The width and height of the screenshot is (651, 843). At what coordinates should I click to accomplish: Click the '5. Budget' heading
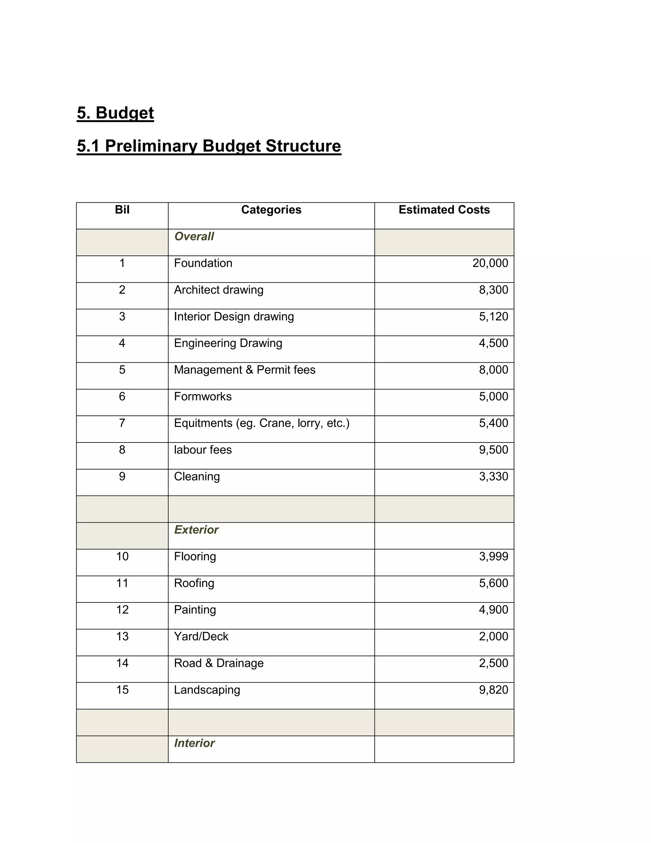coord(115,113)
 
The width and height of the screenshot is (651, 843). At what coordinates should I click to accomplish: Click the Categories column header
coord(271,210)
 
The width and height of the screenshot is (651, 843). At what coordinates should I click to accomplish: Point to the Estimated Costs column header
coord(444,210)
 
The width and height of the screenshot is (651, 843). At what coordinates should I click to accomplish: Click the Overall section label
coord(194,236)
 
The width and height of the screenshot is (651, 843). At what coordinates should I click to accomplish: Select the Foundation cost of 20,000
coord(490,263)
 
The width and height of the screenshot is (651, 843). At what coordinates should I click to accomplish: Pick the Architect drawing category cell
coord(218,290)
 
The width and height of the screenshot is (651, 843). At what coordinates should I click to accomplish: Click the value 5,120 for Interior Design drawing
coord(493,317)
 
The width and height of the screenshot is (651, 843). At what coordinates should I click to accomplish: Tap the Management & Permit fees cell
coord(244,370)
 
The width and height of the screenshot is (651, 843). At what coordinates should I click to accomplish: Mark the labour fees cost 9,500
coord(493,450)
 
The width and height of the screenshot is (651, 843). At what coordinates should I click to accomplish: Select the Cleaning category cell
coord(197,476)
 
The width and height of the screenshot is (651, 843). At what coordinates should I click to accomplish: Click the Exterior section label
coord(196,530)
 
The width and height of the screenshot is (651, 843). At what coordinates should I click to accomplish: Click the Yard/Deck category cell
coord(201,637)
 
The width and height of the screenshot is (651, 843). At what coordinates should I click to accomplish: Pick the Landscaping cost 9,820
coord(493,690)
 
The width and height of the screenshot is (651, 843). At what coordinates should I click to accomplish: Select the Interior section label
coord(194,743)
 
